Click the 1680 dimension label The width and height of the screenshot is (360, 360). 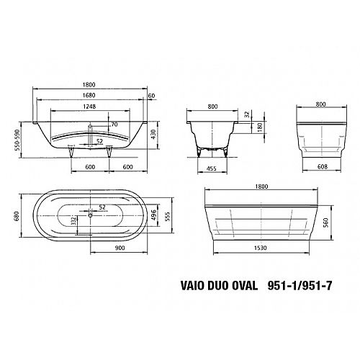89,95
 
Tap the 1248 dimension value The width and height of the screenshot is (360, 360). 89,107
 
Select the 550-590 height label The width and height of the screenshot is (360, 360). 17,140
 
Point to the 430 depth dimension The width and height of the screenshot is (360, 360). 153,135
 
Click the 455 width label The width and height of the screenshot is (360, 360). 212,168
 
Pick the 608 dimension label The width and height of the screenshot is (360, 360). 323,166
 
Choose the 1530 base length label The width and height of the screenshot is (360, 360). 261,248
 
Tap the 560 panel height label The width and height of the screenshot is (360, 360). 326,222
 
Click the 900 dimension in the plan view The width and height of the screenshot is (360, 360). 120,248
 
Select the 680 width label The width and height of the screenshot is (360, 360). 17,215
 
